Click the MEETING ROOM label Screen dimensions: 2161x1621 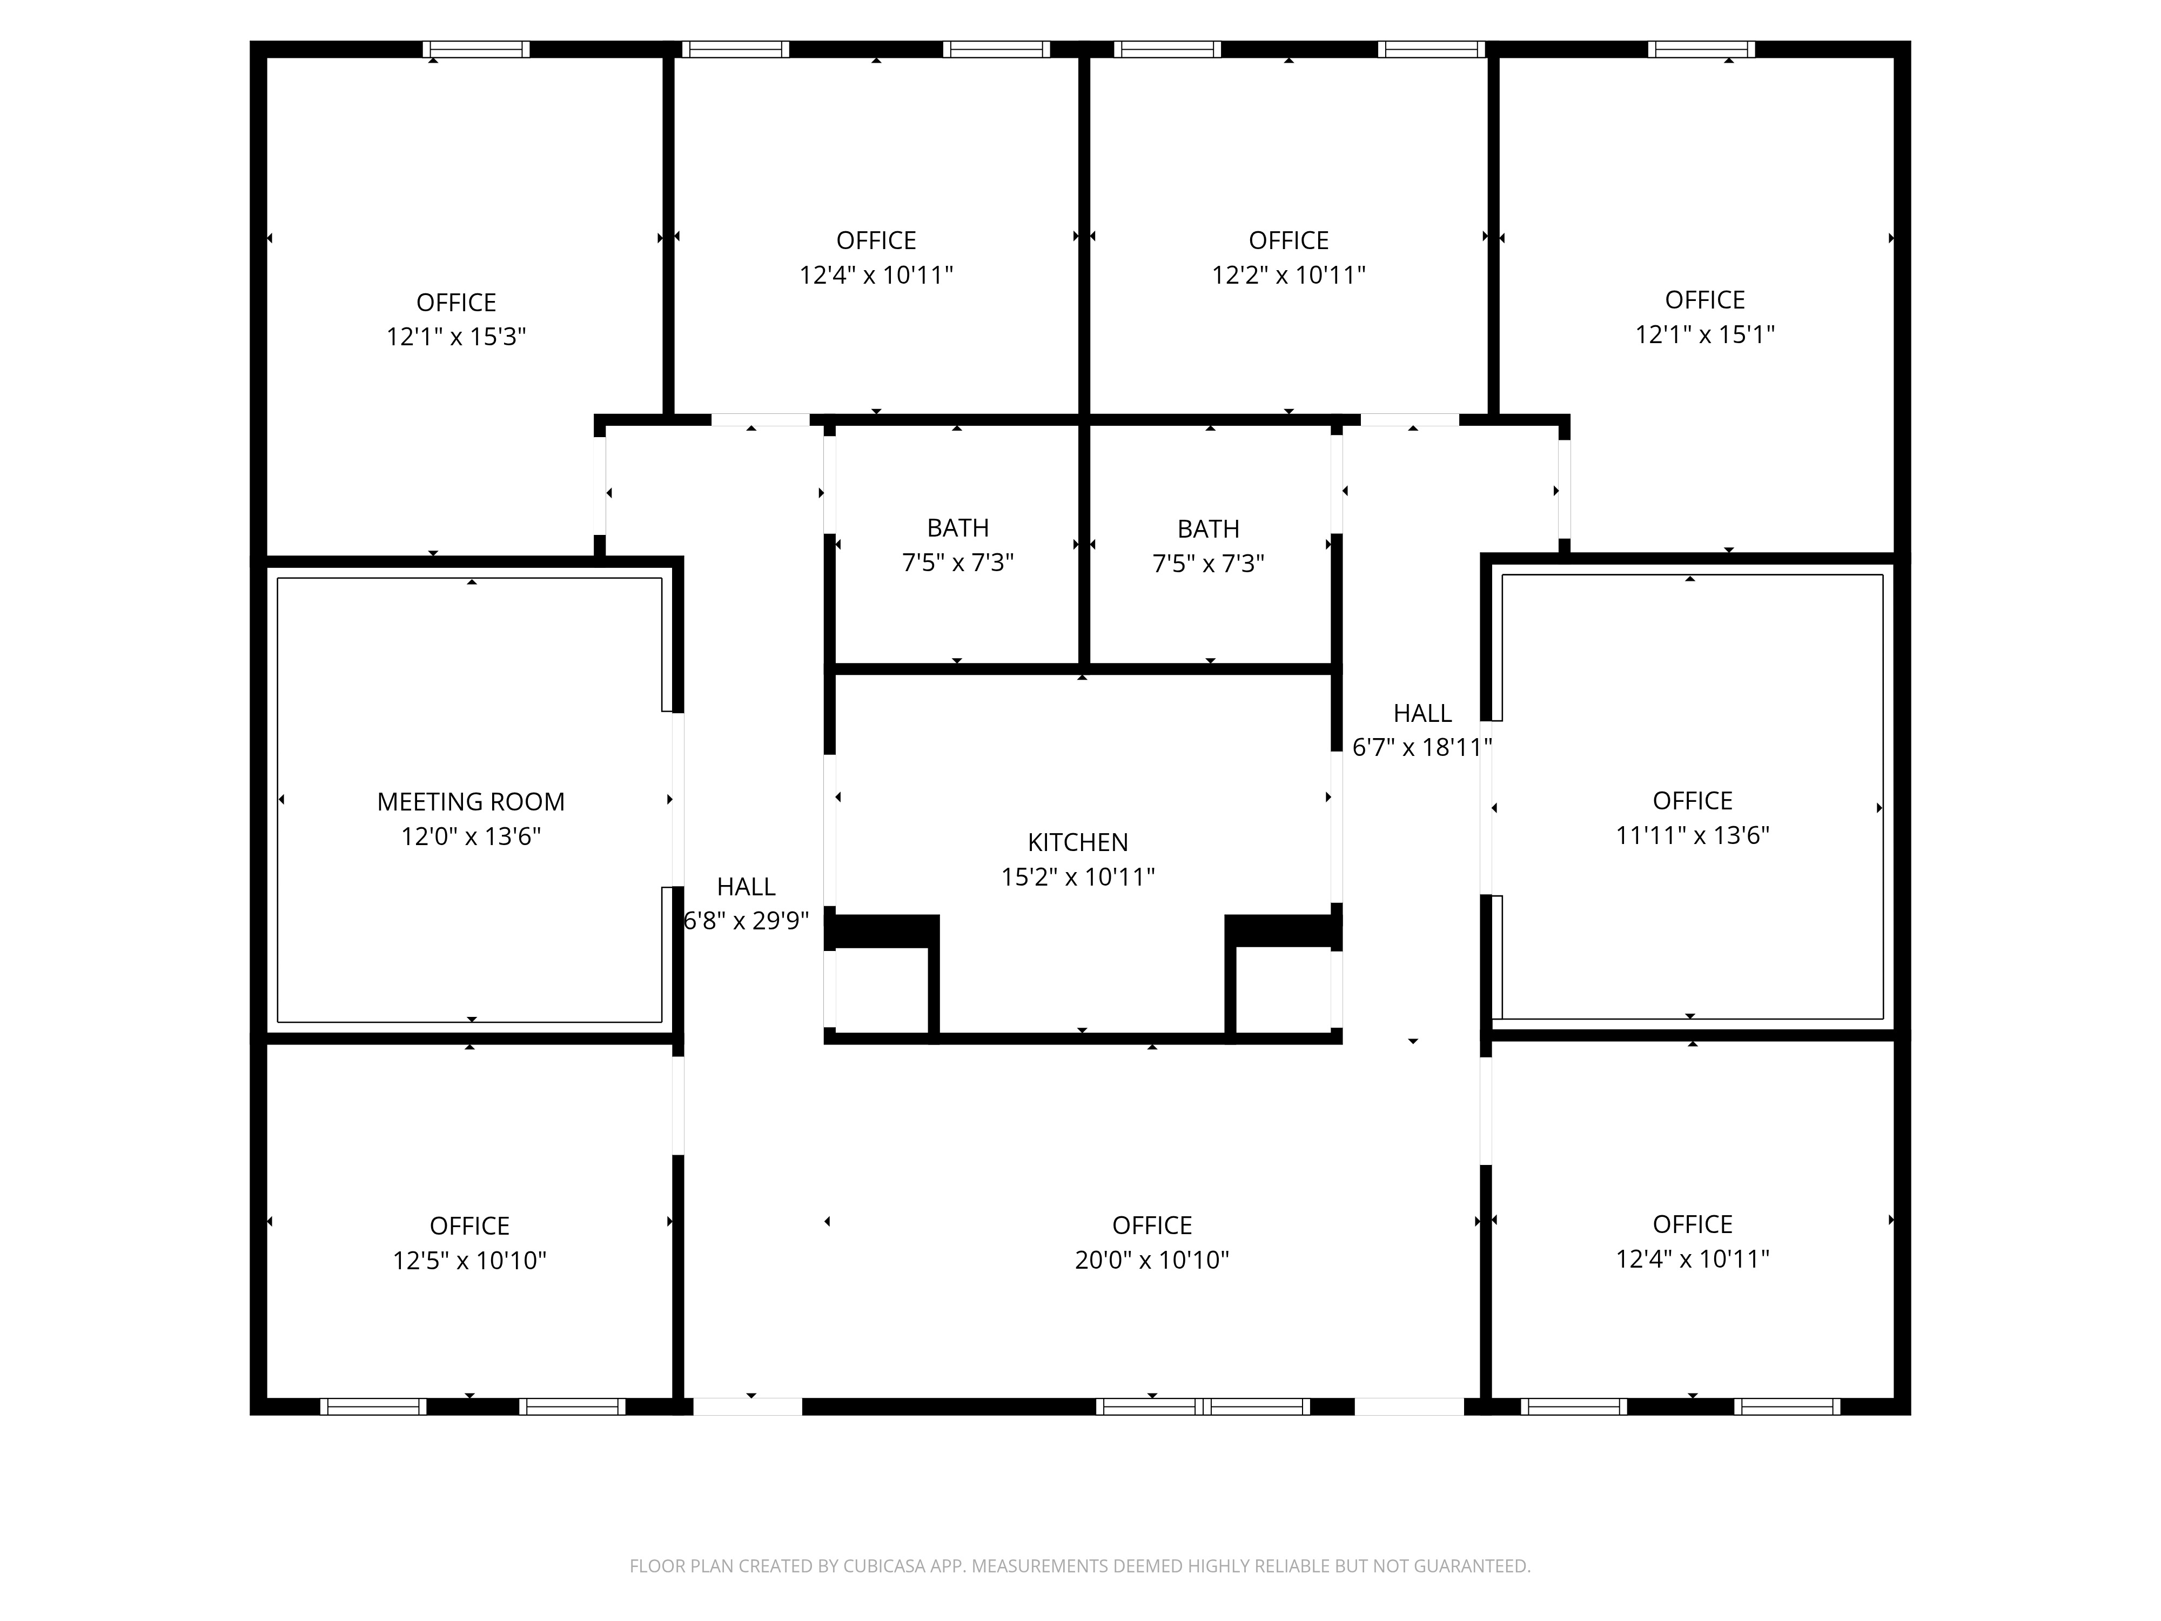pyautogui.click(x=471, y=802)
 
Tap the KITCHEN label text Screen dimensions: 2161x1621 pyautogui.click(x=1078, y=842)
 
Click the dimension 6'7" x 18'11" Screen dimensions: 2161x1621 pyautogui.click(x=1422, y=747)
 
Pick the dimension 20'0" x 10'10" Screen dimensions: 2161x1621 pyautogui.click(x=1152, y=1261)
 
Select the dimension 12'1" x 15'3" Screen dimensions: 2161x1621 pyautogui.click(x=456, y=337)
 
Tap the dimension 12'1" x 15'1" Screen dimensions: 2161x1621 pyautogui.click(x=1705, y=334)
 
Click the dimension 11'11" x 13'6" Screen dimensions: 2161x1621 pyautogui.click(x=1692, y=835)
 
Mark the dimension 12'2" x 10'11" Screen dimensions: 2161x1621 pyautogui.click(x=1288, y=276)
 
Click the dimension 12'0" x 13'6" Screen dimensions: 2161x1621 pyautogui.click(x=471, y=836)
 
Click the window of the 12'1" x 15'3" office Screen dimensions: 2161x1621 pyautogui.click(x=477, y=49)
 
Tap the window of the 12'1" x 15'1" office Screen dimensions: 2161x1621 pyautogui.click(x=1701, y=49)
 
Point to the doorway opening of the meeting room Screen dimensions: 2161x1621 pyautogui.click(x=677, y=799)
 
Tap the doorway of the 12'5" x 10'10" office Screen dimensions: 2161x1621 pyautogui.click(x=677, y=1106)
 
